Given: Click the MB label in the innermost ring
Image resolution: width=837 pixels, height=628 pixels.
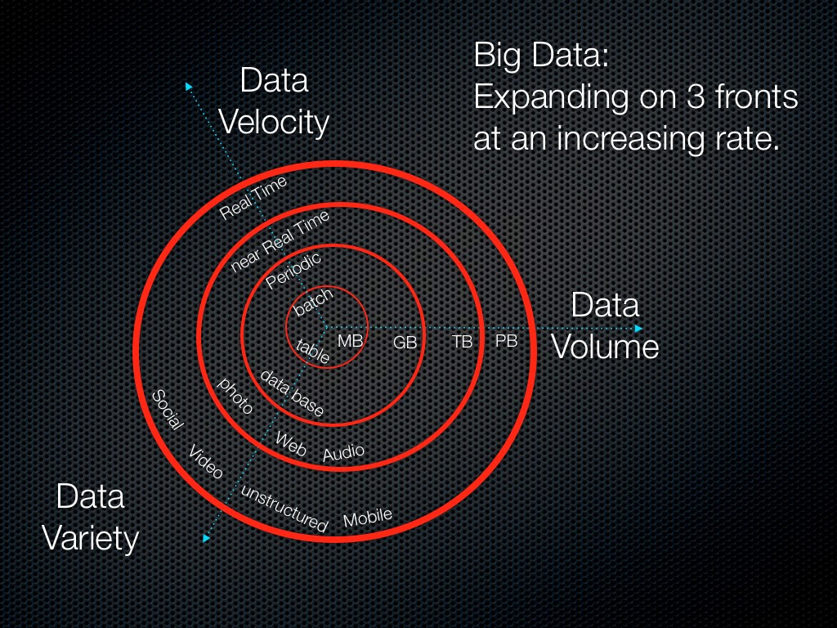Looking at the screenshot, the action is coord(350,341).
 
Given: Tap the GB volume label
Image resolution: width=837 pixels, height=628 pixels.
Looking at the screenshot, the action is coord(405,343).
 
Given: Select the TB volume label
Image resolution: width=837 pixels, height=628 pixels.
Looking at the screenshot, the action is coord(463,341).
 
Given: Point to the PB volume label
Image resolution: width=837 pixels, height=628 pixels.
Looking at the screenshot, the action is coord(506,340).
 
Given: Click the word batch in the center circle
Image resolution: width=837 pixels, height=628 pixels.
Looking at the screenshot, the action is coord(313,302).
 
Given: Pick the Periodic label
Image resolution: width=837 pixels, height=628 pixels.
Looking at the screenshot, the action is coord(293,270).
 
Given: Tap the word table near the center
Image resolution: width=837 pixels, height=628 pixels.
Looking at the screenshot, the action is coord(313,352).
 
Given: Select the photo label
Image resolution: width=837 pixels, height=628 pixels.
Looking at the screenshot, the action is coord(235,396).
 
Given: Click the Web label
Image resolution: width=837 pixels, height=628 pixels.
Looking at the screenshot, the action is coord(291,444).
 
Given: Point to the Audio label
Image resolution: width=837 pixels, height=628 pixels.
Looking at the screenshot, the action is coord(343,452).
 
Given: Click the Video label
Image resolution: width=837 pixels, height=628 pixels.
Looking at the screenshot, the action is coord(205,462).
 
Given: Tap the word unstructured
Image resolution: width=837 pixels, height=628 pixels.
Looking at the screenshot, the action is coord(284,509).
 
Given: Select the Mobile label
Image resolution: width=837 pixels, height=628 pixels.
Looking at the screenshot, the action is coord(367,518).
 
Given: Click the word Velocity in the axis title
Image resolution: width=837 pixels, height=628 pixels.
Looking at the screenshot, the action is coord(275,123).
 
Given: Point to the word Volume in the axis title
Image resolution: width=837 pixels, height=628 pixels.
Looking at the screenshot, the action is coord(605,347).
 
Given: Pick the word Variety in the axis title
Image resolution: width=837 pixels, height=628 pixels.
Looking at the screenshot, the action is coord(90,538).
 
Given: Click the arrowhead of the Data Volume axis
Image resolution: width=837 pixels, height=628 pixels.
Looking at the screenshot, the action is coord(638,329).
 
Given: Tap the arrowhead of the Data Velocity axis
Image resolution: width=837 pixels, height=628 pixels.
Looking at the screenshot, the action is coord(189,86).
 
